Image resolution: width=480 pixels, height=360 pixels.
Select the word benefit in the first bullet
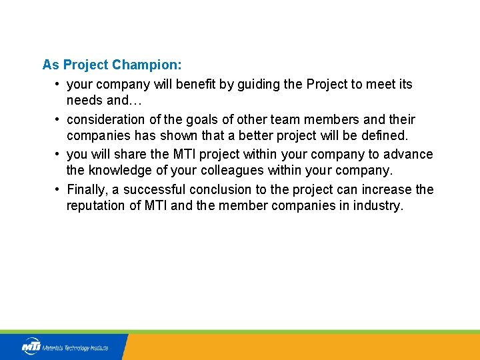coord(185,84)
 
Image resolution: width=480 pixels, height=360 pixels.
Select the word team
coord(259,119)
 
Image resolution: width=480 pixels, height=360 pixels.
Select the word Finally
coord(87,189)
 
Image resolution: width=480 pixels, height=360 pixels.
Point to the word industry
coord(377,206)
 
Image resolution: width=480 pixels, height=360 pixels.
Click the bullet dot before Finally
coord(58,189)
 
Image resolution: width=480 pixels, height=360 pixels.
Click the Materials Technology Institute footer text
coord(75,348)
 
